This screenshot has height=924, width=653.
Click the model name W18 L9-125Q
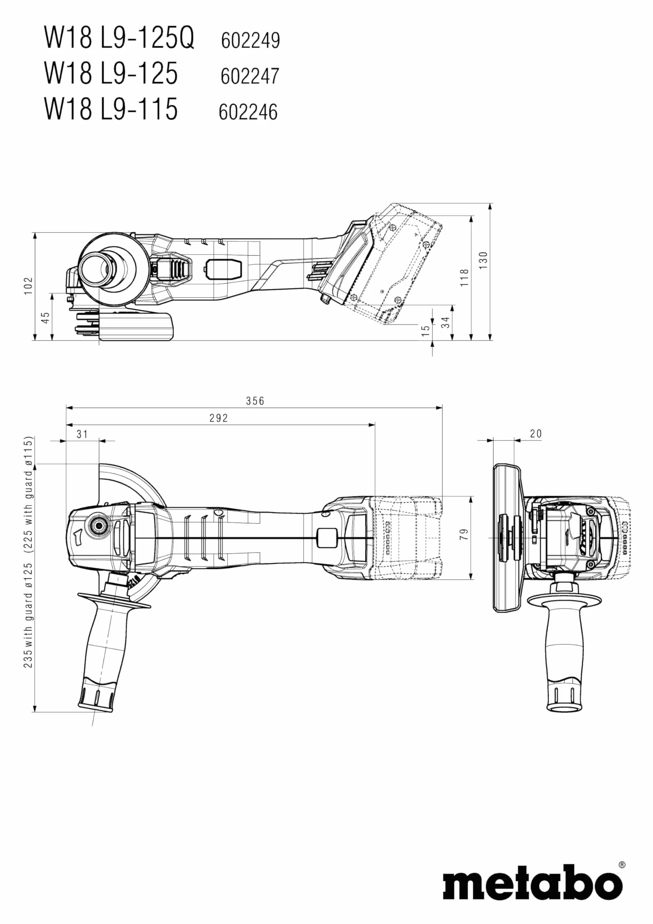click(x=119, y=38)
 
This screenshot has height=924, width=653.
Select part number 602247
click(x=250, y=76)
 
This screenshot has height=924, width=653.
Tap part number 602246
click(x=248, y=112)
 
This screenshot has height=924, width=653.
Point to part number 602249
click(x=250, y=40)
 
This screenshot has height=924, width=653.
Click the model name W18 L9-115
click(x=111, y=109)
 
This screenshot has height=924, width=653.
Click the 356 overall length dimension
click(x=255, y=401)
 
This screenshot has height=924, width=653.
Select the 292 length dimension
click(x=219, y=418)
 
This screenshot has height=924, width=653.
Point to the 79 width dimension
click(x=464, y=535)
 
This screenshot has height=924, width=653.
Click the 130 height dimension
click(x=483, y=260)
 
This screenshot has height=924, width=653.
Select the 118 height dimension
click(x=465, y=278)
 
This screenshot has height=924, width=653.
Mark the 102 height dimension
click(x=28, y=286)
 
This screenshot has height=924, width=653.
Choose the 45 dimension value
click(x=46, y=318)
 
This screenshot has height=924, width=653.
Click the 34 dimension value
click(x=445, y=322)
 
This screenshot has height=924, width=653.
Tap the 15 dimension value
click(x=426, y=331)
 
